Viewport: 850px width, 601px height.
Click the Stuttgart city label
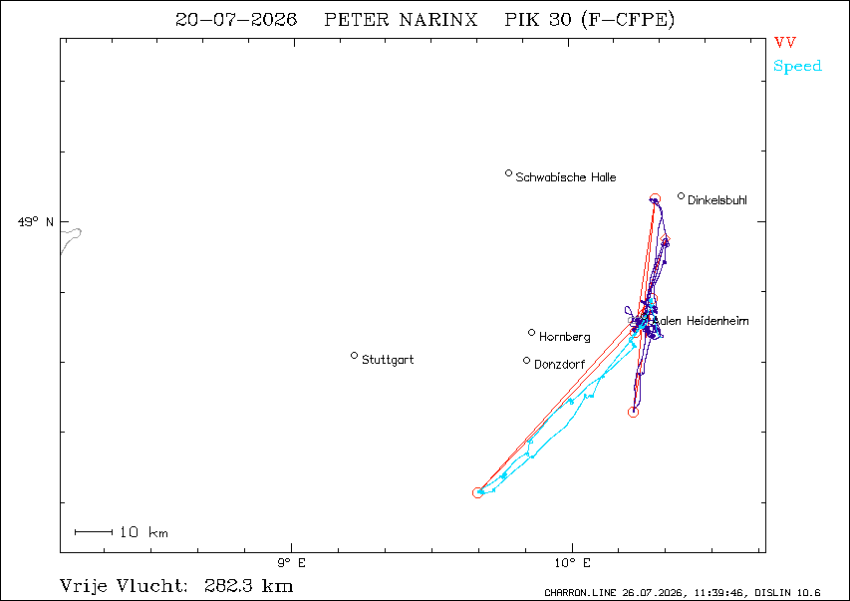(388, 360)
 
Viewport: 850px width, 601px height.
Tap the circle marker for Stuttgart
(354, 355)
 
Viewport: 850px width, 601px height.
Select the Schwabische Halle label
(565, 177)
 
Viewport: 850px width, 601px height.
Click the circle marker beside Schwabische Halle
(508, 173)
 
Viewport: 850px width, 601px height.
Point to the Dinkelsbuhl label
(717, 200)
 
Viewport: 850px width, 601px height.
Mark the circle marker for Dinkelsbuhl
(681, 195)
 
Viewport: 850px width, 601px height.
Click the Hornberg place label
(564, 337)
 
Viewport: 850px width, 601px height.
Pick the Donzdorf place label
(559, 365)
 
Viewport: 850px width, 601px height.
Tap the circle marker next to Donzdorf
(526, 360)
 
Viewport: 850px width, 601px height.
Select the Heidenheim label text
(717, 321)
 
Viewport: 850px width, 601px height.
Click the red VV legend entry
(785, 42)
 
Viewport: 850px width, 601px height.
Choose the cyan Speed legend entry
(797, 66)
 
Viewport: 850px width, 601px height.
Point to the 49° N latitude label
(36, 222)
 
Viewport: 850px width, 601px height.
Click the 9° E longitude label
(292, 563)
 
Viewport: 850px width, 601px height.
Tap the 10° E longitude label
(572, 563)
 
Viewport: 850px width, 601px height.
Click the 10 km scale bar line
(94, 532)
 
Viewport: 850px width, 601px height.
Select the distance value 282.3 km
(249, 586)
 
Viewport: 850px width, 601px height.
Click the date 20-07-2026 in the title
(236, 20)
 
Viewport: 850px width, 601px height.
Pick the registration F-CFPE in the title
(628, 20)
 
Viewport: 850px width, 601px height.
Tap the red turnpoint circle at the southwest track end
(477, 492)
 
